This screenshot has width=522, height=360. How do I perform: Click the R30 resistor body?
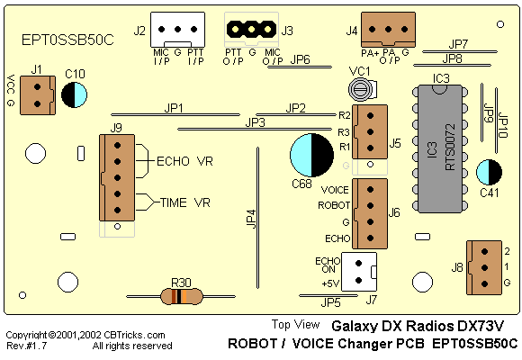182,296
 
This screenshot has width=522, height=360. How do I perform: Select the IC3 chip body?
440,148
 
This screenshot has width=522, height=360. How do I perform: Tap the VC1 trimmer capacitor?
362,89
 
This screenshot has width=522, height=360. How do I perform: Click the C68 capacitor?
312,155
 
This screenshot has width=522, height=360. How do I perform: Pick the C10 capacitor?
74,94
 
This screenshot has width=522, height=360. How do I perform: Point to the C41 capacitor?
489,172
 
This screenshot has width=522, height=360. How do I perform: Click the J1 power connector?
38,95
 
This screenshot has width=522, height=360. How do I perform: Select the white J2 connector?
178,30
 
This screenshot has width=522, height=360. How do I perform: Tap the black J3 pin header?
251,30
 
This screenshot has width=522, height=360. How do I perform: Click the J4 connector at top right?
388,30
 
